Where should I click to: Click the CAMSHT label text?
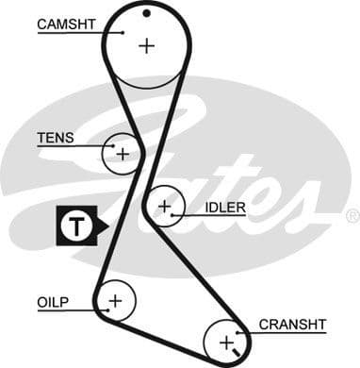coord(66,23)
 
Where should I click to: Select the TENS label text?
coord(55,138)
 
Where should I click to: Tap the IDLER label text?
coord(223,207)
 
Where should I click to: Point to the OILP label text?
coord(54,303)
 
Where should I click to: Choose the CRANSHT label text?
coord(291,324)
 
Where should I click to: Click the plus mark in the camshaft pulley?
coord(146,44)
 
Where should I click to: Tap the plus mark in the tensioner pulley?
coord(123,152)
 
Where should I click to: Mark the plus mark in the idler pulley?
coord(165,205)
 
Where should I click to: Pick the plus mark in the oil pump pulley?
coord(115,301)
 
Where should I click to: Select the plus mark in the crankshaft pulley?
coord(226,340)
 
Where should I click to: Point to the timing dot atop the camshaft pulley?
coord(147,13)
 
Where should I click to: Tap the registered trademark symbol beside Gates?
coord(352,216)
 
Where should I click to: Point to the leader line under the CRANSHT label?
coord(283,333)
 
